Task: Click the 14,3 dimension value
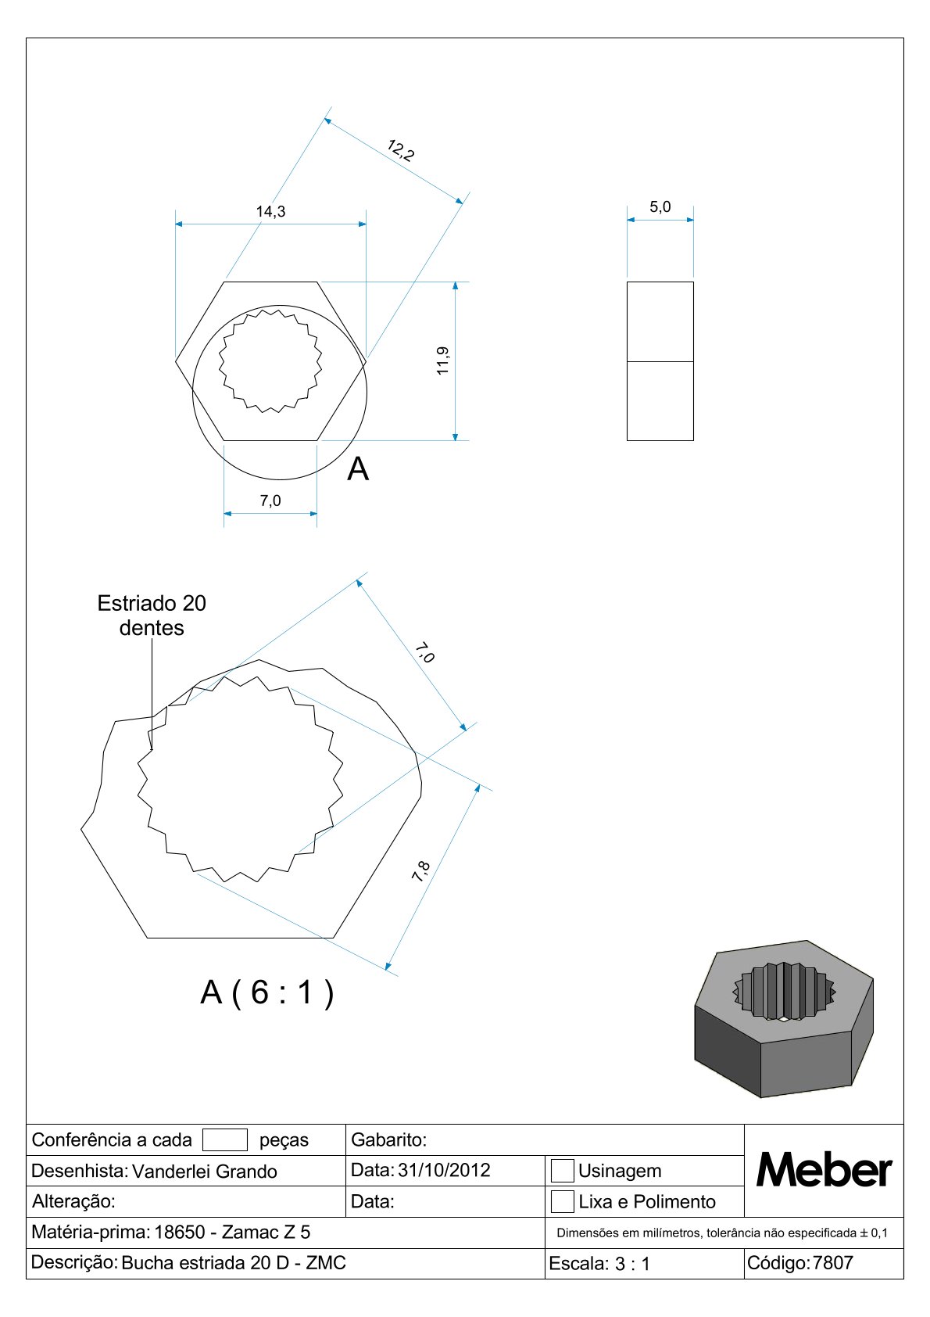(x=270, y=211)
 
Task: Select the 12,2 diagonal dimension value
(x=401, y=150)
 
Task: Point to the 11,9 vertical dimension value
(x=442, y=361)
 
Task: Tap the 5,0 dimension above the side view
(x=660, y=206)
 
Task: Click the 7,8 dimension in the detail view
(x=420, y=871)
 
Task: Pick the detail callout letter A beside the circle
(x=358, y=468)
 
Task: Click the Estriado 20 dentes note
(x=152, y=615)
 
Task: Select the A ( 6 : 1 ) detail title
(x=267, y=992)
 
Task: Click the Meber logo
(x=824, y=1170)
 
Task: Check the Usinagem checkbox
(x=562, y=1171)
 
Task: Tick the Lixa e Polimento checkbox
(x=562, y=1201)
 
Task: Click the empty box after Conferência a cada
(x=225, y=1139)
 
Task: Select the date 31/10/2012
(x=444, y=1170)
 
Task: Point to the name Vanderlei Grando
(x=205, y=1172)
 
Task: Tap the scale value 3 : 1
(x=632, y=1264)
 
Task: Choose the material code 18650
(x=180, y=1232)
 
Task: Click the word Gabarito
(x=388, y=1139)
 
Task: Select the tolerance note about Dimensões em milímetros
(x=722, y=1233)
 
